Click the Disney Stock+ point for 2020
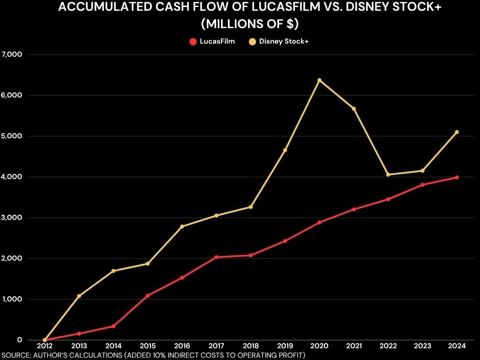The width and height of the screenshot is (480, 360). [x=319, y=80]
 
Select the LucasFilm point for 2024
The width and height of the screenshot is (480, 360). [x=457, y=177]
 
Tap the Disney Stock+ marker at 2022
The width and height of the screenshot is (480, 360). [x=388, y=175]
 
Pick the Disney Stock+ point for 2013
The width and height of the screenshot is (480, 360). [x=79, y=296]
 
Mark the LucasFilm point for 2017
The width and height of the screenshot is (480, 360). [x=216, y=257]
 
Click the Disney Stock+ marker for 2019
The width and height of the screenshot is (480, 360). [x=285, y=150]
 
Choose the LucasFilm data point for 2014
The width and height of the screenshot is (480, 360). [x=113, y=326]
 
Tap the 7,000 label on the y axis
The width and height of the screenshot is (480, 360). [x=12, y=54]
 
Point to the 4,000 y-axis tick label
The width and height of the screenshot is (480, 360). [x=12, y=177]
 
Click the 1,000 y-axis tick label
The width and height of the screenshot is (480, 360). [x=12, y=299]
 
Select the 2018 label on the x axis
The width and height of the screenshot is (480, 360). [x=251, y=346]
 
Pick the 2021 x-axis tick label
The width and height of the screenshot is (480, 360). [x=354, y=346]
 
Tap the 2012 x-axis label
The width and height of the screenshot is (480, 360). [x=45, y=346]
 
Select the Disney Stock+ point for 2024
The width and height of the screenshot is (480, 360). [x=457, y=132]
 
